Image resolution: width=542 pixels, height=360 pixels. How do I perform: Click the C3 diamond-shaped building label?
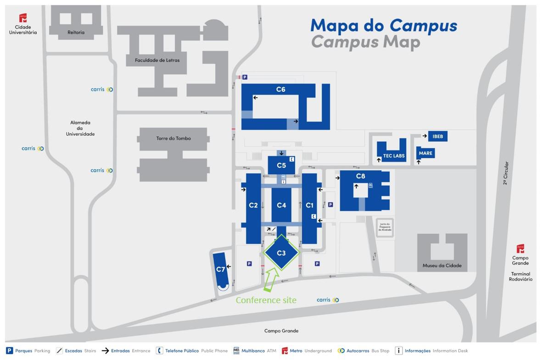click(x=281, y=253)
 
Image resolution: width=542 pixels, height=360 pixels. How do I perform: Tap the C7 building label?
click(x=221, y=269)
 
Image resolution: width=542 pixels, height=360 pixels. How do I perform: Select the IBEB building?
click(x=437, y=136)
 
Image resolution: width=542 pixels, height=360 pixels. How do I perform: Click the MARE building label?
click(x=425, y=153)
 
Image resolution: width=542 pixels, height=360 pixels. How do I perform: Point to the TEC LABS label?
click(x=394, y=156)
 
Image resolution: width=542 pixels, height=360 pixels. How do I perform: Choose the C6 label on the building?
click(x=280, y=89)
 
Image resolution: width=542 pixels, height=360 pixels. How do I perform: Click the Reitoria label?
click(x=76, y=33)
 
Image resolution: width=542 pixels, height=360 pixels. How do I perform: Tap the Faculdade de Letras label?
click(x=157, y=60)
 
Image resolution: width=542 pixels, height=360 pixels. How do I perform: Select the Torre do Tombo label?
click(x=173, y=138)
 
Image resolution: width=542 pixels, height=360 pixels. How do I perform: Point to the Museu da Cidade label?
click(x=442, y=266)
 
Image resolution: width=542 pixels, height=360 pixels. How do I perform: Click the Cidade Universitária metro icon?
click(x=23, y=18)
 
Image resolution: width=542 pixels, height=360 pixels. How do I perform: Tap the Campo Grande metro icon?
click(x=520, y=249)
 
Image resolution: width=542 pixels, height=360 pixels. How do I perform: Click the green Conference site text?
click(x=266, y=300)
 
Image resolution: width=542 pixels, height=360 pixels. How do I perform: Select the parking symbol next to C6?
click(x=245, y=78)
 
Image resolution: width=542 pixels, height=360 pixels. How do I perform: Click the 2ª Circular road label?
click(x=506, y=173)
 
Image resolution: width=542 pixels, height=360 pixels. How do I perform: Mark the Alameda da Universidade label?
click(x=80, y=128)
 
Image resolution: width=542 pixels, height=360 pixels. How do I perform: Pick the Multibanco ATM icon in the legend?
click(x=236, y=351)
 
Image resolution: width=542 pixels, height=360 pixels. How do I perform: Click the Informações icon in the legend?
click(x=399, y=351)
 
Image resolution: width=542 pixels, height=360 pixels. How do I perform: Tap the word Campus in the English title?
click(x=344, y=42)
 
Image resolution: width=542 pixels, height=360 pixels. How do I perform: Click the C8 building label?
click(x=360, y=176)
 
